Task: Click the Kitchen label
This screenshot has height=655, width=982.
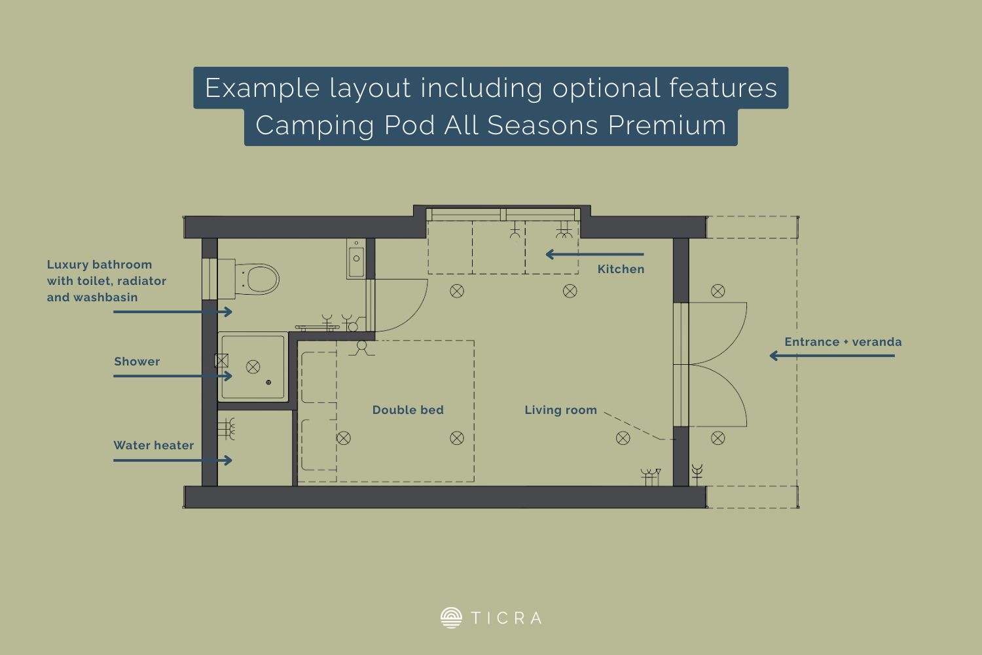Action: [x=621, y=269]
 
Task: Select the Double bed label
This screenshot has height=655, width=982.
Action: [x=408, y=410]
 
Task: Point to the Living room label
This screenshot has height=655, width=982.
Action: [x=560, y=410]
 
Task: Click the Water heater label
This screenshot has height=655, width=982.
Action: [x=153, y=445]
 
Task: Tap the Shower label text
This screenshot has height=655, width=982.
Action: [x=137, y=362]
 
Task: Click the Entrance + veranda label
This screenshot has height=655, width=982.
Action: [x=843, y=342]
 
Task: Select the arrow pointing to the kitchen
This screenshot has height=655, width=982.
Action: [x=594, y=254]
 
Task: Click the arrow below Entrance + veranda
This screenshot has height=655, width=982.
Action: [x=832, y=356]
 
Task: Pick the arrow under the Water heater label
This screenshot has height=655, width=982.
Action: [x=173, y=460]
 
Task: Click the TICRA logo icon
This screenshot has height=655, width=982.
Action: [x=451, y=618]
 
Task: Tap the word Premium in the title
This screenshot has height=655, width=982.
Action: [x=667, y=126]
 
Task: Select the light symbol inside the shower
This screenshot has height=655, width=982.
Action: [x=253, y=367]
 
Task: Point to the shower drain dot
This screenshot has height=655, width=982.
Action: [x=268, y=383]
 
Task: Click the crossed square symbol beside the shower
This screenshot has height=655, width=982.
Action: [x=221, y=361]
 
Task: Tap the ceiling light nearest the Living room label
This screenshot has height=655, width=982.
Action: [x=623, y=438]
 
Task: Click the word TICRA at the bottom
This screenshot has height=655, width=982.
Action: [x=506, y=618]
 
